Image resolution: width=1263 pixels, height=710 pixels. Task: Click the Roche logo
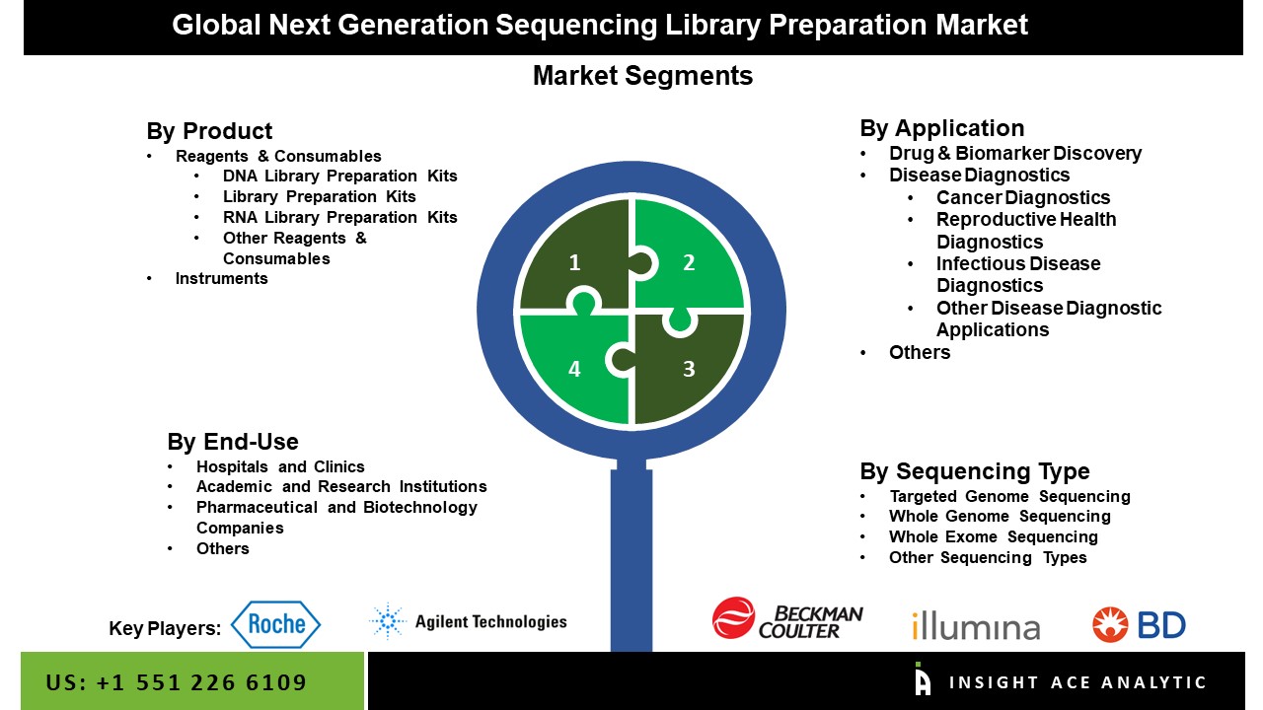click(275, 624)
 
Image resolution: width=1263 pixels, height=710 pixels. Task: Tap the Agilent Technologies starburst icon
click(388, 621)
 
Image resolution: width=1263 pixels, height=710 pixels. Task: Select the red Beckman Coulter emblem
click(733, 617)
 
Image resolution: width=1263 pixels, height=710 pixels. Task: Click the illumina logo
click(976, 625)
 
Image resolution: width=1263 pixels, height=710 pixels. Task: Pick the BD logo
click(1139, 624)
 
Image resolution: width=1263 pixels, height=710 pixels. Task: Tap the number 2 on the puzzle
click(689, 262)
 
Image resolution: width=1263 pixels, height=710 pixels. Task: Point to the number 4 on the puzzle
click(574, 369)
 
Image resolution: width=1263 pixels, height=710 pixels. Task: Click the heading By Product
click(209, 131)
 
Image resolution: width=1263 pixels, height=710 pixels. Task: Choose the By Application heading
click(942, 128)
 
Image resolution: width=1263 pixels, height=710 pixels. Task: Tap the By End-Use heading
click(233, 442)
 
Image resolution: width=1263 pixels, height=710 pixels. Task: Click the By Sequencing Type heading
click(975, 471)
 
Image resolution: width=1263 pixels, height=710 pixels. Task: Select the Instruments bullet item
click(222, 278)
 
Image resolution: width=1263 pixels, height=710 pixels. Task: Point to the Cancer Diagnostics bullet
click(1023, 198)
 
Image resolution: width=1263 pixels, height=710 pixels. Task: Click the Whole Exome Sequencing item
click(994, 536)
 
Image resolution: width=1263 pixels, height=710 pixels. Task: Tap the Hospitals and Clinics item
click(280, 466)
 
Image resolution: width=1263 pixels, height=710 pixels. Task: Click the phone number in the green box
click(177, 682)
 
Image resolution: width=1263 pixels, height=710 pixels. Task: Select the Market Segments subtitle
click(642, 76)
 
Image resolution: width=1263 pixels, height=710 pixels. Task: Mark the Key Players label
click(165, 628)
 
